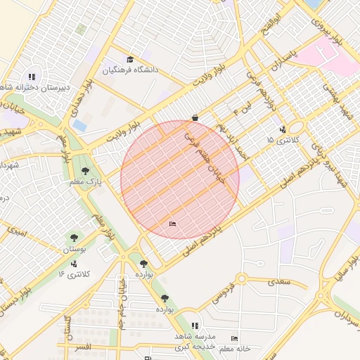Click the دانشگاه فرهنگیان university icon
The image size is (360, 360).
[x=130, y=59]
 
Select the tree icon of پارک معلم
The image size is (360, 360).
[x=85, y=171]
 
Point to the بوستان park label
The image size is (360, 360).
[x=75, y=250]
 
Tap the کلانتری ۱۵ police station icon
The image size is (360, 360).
[x=282, y=129]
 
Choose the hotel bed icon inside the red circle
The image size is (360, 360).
[x=173, y=224]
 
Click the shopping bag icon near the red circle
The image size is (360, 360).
[x=195, y=117]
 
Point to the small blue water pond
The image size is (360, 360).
[x=80, y=125]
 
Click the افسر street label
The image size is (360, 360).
[x=82, y=348]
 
